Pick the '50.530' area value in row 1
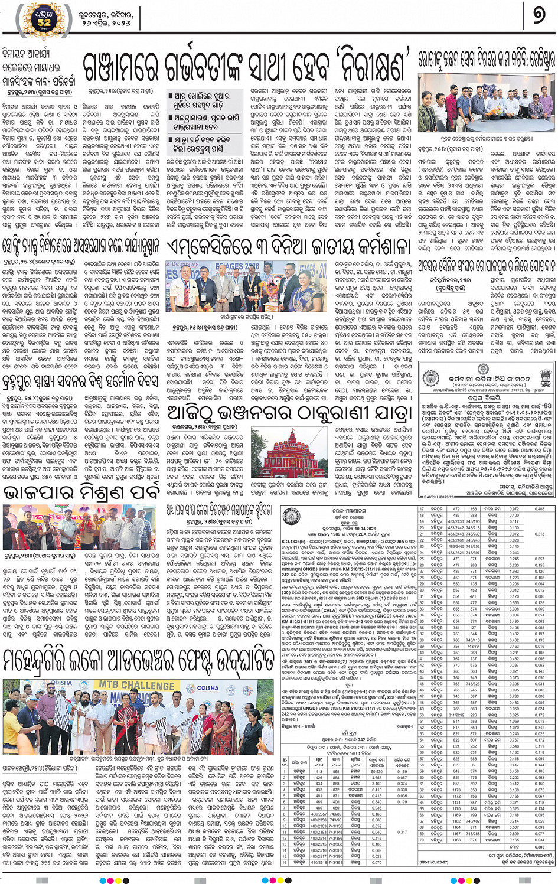(377, 771)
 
